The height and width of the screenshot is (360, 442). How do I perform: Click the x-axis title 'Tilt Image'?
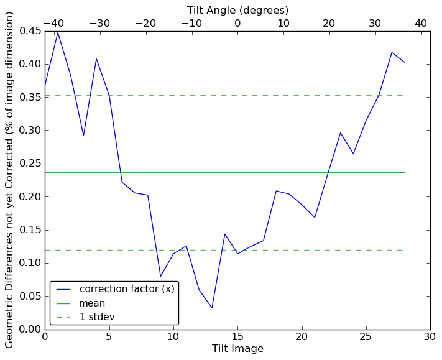tap(237, 349)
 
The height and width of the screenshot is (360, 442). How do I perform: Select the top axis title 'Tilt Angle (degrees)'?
tap(237, 11)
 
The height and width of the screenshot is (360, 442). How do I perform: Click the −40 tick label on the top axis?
tap(54, 23)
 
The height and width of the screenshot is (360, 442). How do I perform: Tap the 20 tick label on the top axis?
tap(329, 23)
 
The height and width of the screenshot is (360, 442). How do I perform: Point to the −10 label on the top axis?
tap(191, 23)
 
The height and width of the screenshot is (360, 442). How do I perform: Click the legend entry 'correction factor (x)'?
tap(127, 289)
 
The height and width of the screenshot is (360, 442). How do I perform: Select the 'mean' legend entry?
tap(91, 303)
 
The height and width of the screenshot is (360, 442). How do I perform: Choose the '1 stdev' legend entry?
tap(96, 317)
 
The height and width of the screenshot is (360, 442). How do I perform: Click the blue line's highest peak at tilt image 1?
tap(58, 32)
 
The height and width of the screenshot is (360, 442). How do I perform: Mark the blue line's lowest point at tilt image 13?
tap(212, 308)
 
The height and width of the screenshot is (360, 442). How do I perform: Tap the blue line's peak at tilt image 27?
tap(392, 52)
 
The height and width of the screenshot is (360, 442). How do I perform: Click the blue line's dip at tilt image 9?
tap(160, 276)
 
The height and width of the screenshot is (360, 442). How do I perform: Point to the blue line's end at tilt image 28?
tap(405, 62)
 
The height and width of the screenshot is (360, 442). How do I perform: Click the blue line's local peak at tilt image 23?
tap(340, 132)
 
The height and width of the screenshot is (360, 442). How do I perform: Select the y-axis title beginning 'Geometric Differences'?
tap(10, 180)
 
